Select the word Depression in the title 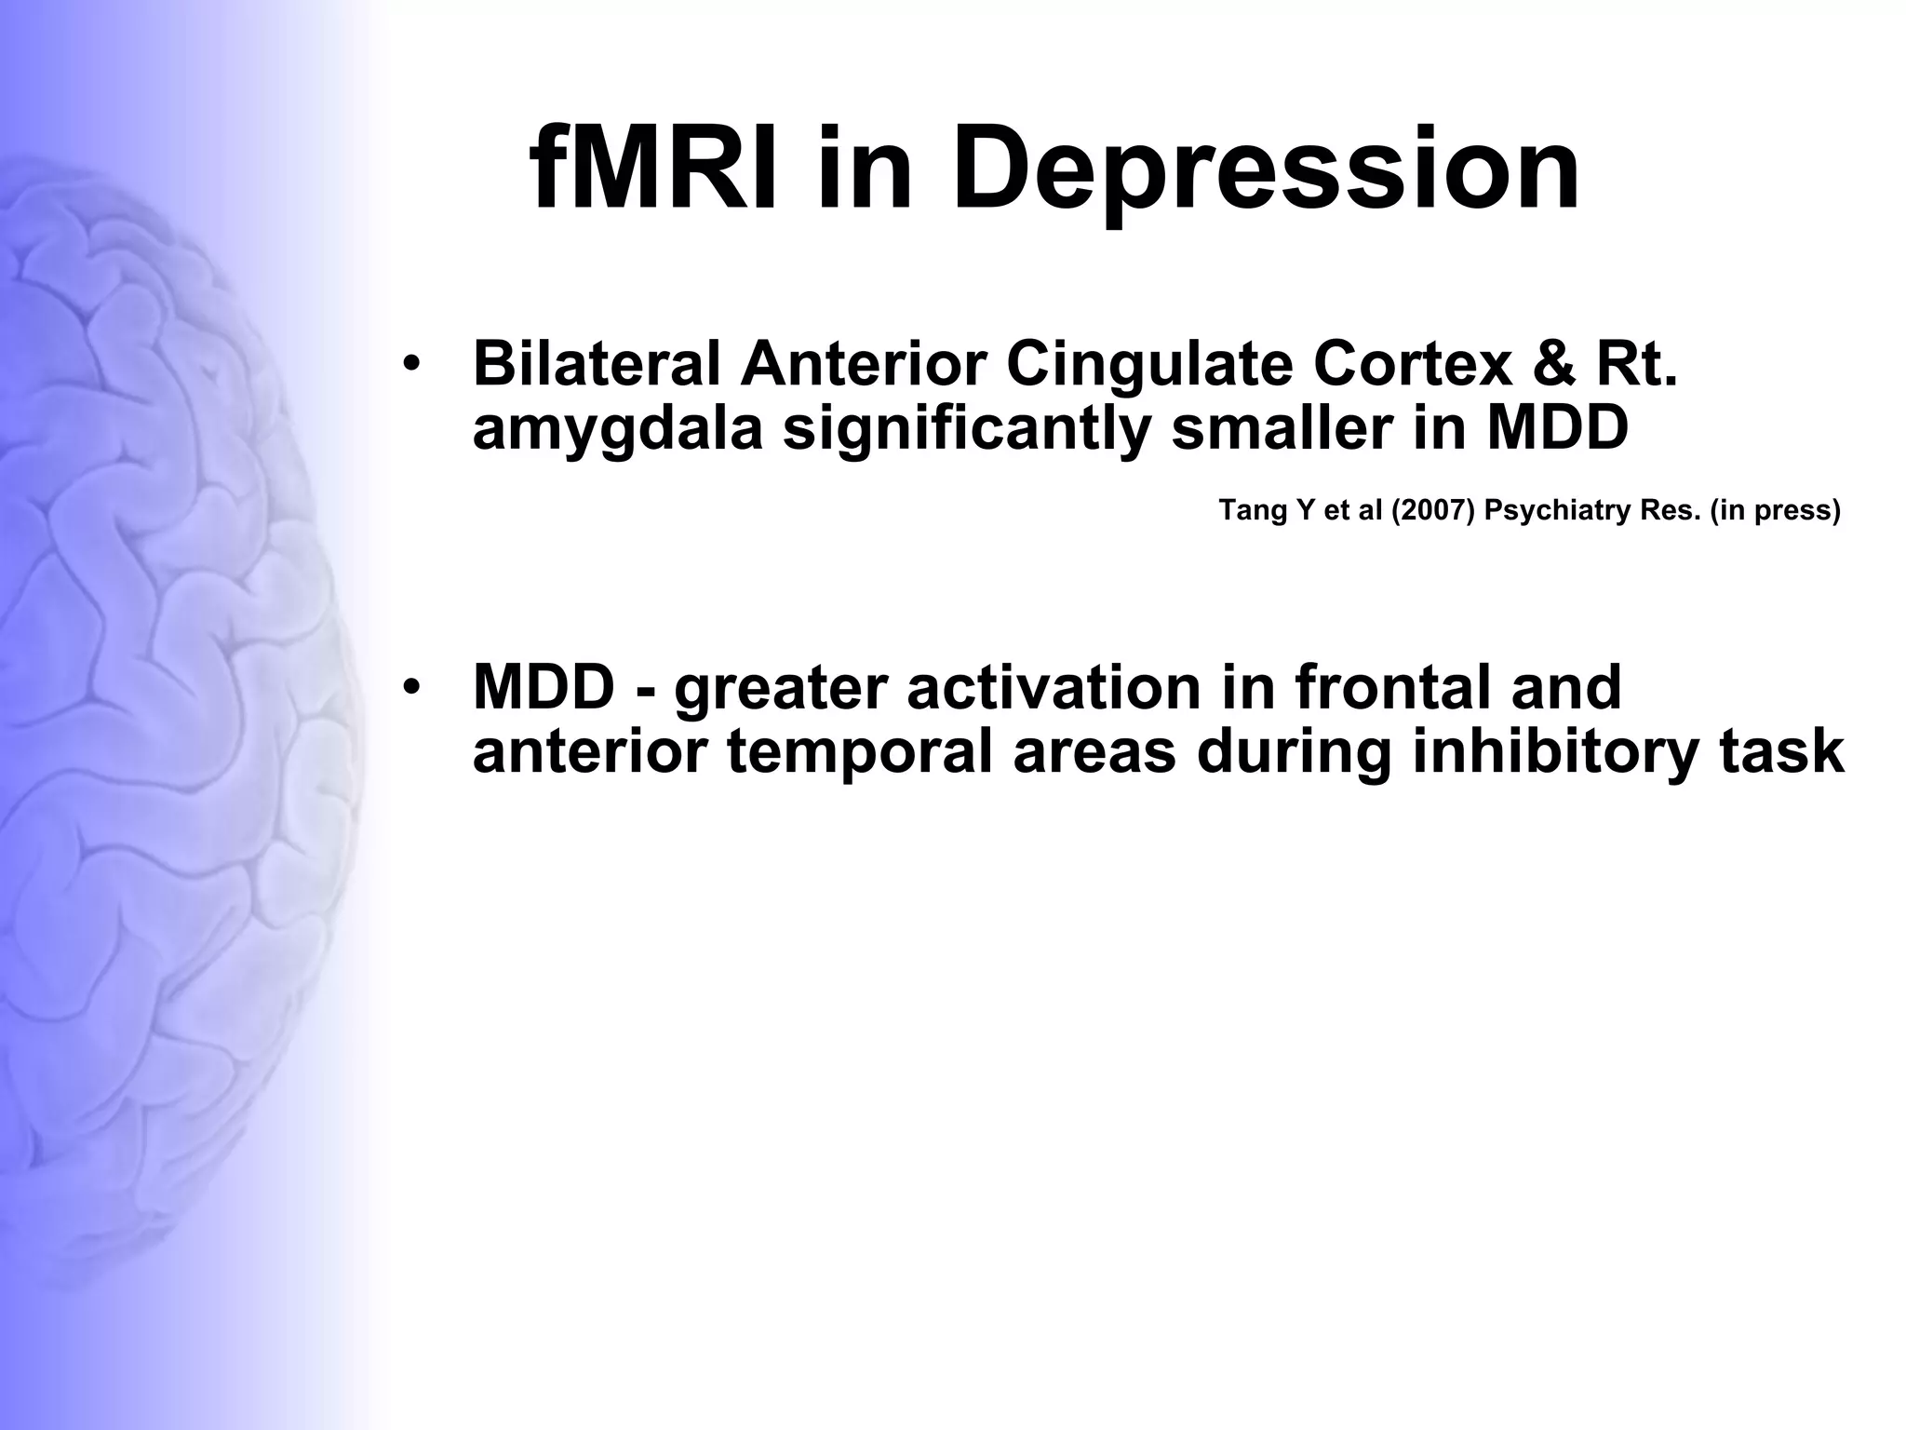[x=1265, y=169]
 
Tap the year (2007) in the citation [x=1433, y=511]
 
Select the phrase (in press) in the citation [x=1775, y=511]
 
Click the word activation [x=1092, y=687]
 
